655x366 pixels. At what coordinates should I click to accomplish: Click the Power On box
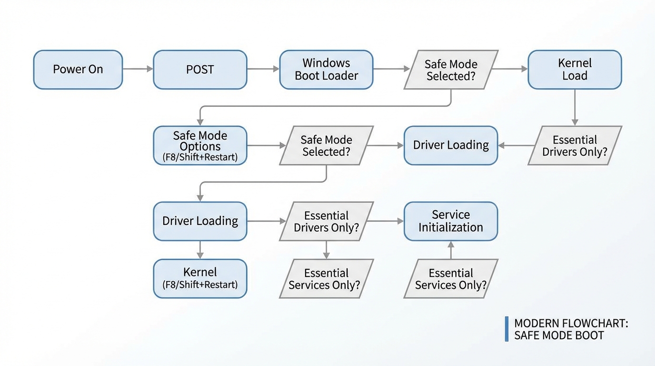coord(78,70)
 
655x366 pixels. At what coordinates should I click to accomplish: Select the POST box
coord(200,70)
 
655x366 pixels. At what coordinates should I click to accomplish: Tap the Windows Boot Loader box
coord(326,70)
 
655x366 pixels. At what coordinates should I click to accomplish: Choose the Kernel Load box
coord(575,70)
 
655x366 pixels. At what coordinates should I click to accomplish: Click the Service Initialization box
coord(450,221)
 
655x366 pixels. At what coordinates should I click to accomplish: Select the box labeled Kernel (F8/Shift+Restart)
coord(200,278)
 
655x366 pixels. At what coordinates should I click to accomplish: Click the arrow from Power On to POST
coord(138,69)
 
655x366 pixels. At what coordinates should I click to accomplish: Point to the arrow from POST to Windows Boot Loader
coord(263,69)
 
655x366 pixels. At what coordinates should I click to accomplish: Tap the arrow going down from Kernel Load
coord(575,107)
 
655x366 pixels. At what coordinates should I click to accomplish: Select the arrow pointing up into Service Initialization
coord(451,250)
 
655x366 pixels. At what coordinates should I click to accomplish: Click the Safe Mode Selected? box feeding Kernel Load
coord(451,70)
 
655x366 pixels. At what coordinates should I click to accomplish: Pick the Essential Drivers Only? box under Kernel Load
coord(575,145)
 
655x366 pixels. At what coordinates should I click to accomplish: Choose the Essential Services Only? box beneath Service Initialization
coord(451,279)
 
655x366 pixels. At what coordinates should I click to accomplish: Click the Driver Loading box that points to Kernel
coord(200,221)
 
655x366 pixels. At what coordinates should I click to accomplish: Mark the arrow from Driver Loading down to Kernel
coord(200,250)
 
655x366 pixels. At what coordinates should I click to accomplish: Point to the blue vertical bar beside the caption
coord(506,329)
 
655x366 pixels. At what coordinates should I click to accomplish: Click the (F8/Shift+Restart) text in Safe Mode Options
coord(200,157)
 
